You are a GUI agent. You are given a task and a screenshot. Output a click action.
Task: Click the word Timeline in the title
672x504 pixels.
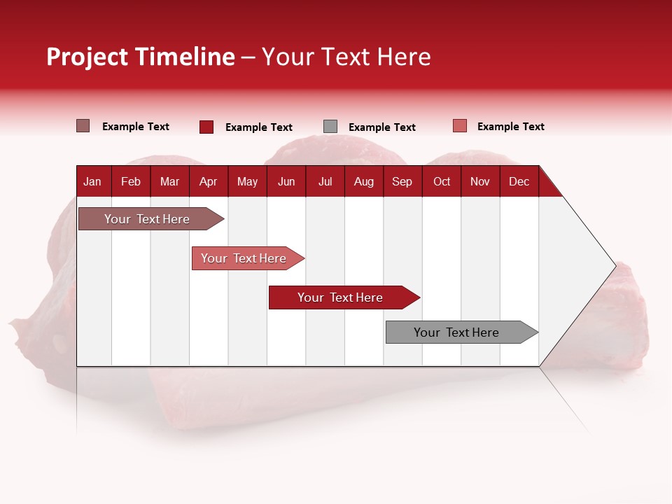click(x=185, y=57)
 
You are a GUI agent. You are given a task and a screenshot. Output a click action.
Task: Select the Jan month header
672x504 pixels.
click(x=92, y=182)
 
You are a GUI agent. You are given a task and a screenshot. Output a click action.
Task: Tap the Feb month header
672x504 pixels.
click(x=131, y=182)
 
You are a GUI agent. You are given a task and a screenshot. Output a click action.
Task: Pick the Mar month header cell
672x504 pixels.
click(x=169, y=182)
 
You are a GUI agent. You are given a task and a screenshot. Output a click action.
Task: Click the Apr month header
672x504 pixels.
click(x=208, y=182)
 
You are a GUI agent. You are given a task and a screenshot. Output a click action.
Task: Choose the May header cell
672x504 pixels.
click(x=247, y=182)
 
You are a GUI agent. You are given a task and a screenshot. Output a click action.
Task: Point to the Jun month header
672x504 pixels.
click(x=286, y=182)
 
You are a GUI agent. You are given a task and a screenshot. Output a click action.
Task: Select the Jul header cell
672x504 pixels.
click(x=325, y=182)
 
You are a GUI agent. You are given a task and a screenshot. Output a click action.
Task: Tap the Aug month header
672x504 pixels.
click(x=364, y=182)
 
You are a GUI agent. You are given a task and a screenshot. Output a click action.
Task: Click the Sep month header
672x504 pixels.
click(x=402, y=182)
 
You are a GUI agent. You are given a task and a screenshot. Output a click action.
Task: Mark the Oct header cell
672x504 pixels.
click(x=442, y=182)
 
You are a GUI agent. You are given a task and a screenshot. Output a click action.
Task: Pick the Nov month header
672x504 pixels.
click(x=480, y=182)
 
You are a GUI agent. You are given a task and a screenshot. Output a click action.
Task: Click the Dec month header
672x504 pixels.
click(x=519, y=182)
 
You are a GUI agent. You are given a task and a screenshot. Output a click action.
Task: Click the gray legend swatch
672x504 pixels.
click(x=330, y=127)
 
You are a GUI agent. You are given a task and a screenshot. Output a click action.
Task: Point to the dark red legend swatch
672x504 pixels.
click(x=206, y=127)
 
